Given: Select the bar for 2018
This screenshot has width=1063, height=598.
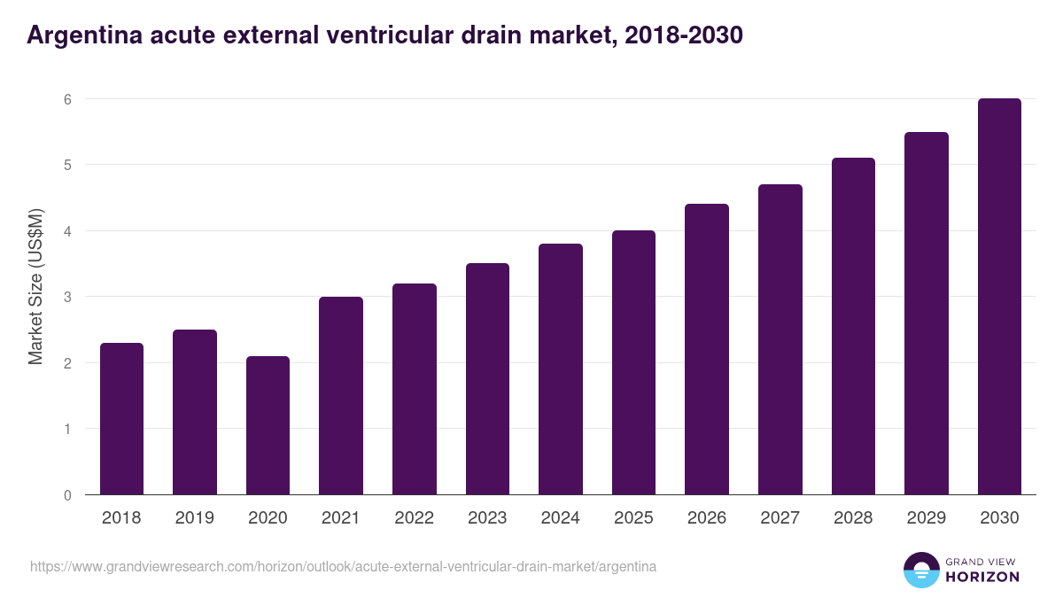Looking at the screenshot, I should coord(121,418).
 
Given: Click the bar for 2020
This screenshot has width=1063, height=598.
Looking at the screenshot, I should coord(268,425).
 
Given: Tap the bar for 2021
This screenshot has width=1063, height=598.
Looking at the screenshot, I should coord(341,395).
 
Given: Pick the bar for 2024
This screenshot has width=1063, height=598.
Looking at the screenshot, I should coord(561,369).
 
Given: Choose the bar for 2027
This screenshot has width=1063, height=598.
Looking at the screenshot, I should coord(780,339).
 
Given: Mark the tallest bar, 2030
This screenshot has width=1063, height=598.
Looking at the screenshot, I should coord(999,297).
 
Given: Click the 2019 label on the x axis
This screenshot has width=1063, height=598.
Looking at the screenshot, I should coord(194,518).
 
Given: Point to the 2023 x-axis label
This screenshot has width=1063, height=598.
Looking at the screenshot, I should coord(487,518).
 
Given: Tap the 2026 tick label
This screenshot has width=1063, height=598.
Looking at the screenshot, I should coord(707,518).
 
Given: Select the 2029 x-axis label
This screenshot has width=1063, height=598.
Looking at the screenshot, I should coord(927,518).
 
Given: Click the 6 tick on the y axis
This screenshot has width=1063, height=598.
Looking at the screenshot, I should coord(66,99).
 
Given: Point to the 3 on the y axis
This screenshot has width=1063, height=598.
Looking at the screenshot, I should coord(66,297).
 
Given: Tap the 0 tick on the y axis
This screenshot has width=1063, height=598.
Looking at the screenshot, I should coord(66,495).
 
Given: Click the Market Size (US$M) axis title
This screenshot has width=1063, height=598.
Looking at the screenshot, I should coord(35,287).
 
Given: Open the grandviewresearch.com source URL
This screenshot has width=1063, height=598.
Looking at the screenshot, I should coord(343,566).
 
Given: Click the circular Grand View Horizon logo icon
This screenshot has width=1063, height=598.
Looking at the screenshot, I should coord(921,570).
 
